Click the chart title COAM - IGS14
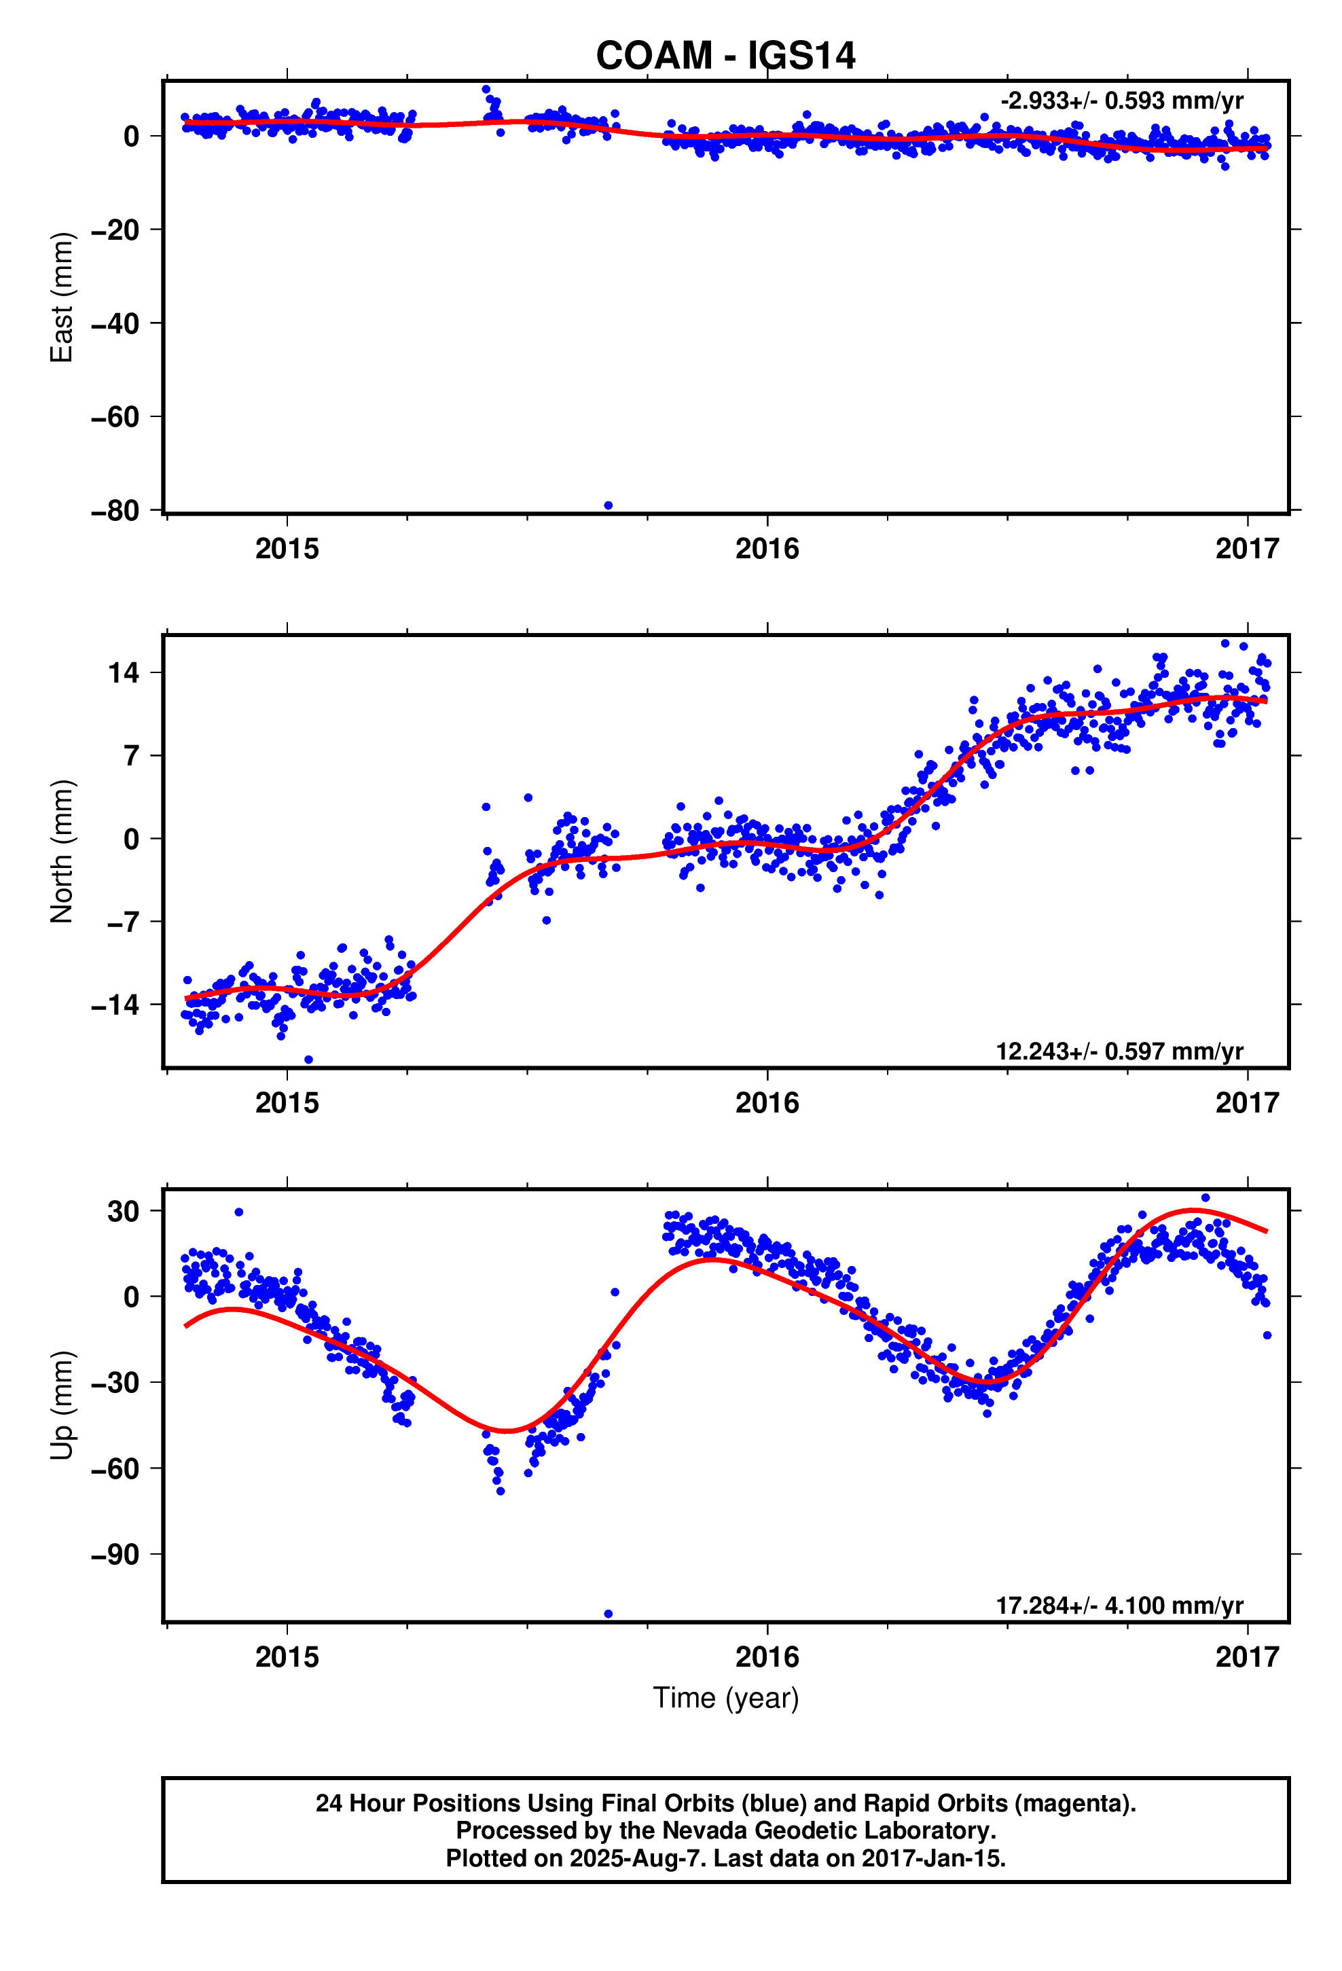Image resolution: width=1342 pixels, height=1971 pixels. [725, 56]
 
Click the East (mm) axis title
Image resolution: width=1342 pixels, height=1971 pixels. [62, 297]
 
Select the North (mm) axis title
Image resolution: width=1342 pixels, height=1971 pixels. [62, 850]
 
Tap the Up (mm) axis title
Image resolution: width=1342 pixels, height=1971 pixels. [62, 1405]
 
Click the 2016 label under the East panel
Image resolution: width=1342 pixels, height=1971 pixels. [767, 549]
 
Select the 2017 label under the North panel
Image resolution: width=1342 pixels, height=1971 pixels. [1246, 1102]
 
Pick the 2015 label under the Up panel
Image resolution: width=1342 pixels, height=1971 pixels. [287, 1657]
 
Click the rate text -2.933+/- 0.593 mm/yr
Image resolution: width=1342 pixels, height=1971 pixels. [1121, 101]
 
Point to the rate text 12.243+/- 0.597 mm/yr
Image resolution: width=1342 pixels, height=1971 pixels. [1119, 1051]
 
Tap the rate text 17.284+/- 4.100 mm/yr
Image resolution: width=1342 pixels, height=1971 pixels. [1119, 1606]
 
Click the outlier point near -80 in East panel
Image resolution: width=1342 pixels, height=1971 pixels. [609, 505]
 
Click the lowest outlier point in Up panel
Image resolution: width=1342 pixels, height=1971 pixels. [609, 1613]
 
